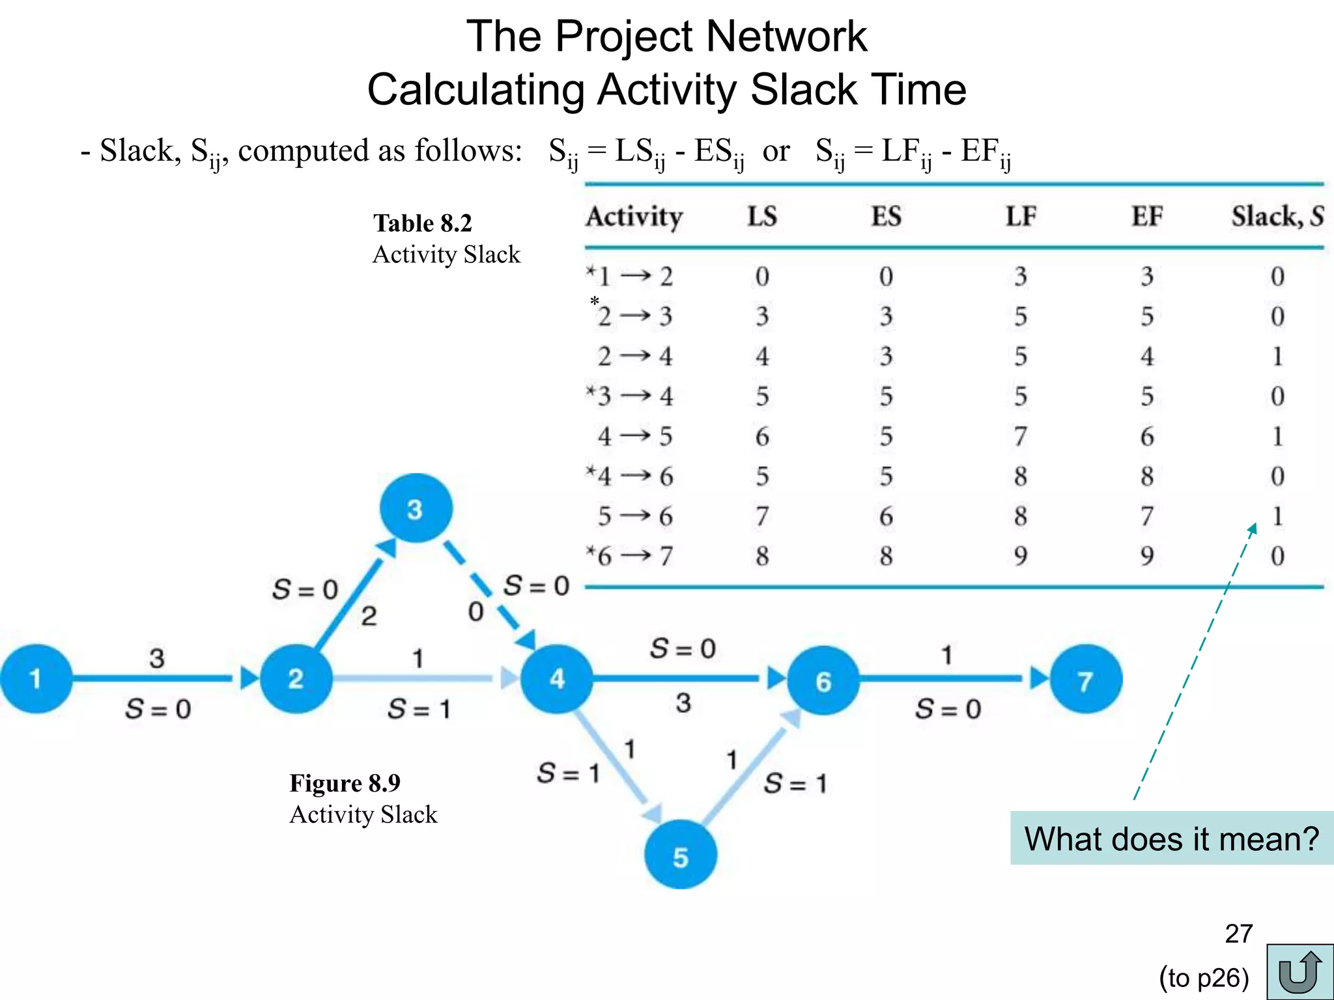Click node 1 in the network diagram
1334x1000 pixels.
pyautogui.click(x=36, y=678)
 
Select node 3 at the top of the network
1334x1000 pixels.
pyautogui.click(x=416, y=508)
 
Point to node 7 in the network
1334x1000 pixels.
pyautogui.click(x=1085, y=680)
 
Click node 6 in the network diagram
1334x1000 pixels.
pyautogui.click(x=823, y=680)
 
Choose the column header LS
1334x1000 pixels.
pyautogui.click(x=762, y=216)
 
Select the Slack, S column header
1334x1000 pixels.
pyautogui.click(x=1277, y=216)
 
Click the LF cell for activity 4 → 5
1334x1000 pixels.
pyautogui.click(x=1020, y=436)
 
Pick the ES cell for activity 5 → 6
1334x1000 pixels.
pyautogui.click(x=886, y=516)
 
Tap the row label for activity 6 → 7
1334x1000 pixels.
pyautogui.click(x=629, y=556)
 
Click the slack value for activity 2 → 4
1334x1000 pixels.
pyautogui.click(x=1277, y=356)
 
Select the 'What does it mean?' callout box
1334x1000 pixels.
pyautogui.click(x=1171, y=839)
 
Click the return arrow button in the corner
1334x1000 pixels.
pyautogui.click(x=1299, y=971)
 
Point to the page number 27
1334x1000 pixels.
pyautogui.click(x=1238, y=934)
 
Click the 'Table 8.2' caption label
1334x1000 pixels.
pyautogui.click(x=422, y=223)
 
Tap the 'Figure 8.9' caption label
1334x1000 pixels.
pyautogui.click(x=345, y=783)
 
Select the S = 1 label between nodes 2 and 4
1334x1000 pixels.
pyautogui.click(x=419, y=708)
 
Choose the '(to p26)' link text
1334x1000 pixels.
pyautogui.click(x=1204, y=978)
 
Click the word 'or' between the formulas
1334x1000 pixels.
pyautogui.click(x=776, y=151)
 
